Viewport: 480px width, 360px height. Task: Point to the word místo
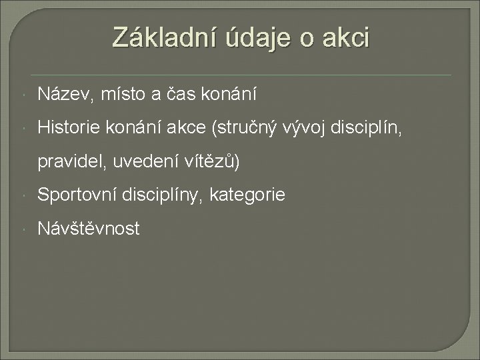[x=120, y=95]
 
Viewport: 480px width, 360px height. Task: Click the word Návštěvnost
[x=89, y=229]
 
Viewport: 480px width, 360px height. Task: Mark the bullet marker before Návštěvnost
[x=24, y=229]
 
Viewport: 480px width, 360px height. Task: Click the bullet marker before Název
[x=24, y=96]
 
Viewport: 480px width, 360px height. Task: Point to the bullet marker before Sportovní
[x=24, y=195]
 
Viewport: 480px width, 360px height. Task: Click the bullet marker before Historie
[x=24, y=129]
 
